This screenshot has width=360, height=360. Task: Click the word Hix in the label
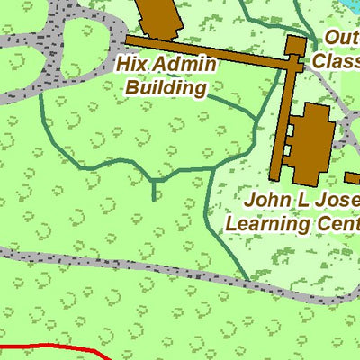click(131, 65)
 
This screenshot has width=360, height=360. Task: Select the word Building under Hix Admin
click(166, 87)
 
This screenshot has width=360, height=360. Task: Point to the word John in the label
click(267, 199)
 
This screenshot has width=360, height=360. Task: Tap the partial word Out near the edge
click(342, 38)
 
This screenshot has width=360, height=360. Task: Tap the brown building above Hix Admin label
click(157, 16)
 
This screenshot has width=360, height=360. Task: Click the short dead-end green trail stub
click(154, 191)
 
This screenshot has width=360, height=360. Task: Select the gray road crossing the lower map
click(135, 270)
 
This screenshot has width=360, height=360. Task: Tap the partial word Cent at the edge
click(338, 221)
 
